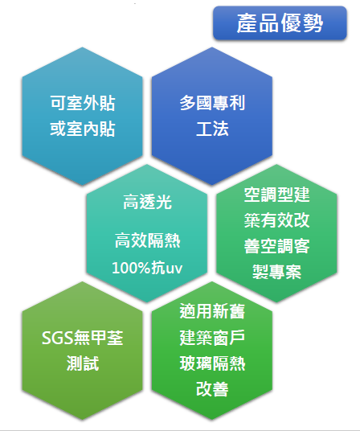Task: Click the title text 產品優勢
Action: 280,23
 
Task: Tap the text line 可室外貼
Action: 83,103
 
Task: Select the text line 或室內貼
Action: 83,129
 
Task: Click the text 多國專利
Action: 212,103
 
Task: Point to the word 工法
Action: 212,129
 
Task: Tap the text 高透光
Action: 147,202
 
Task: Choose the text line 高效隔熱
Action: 147,240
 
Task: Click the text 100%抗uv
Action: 147,268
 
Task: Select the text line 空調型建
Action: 276,195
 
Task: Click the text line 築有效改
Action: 276,220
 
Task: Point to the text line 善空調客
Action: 276,246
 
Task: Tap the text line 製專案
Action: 276,272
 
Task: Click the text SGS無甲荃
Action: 83,338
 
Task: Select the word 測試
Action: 83,363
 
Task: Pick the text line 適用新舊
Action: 212,312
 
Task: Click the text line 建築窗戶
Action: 212,338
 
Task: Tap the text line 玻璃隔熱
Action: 212,363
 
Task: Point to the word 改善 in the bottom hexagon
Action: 212,389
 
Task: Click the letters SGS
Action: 57,338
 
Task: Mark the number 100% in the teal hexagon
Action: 131,268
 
